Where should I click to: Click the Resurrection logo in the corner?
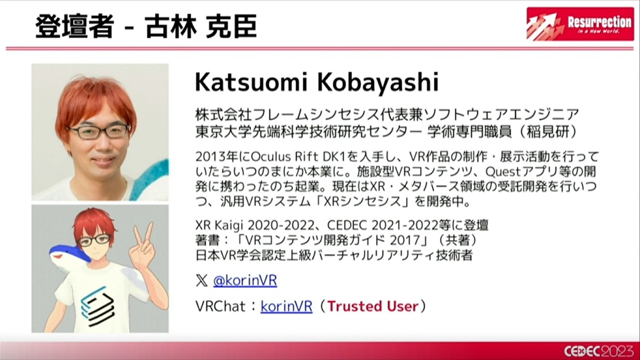click(580, 23)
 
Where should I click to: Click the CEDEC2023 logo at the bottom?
click(599, 351)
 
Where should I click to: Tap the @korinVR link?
click(245, 281)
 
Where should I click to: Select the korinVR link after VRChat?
click(286, 306)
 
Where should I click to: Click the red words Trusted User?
click(373, 306)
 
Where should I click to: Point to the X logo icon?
click(202, 281)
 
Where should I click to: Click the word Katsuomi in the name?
click(250, 82)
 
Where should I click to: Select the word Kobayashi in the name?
click(378, 82)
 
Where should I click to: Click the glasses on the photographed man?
click(99, 132)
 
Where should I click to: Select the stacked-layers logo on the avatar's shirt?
click(97, 306)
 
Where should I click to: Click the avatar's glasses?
click(95, 240)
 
